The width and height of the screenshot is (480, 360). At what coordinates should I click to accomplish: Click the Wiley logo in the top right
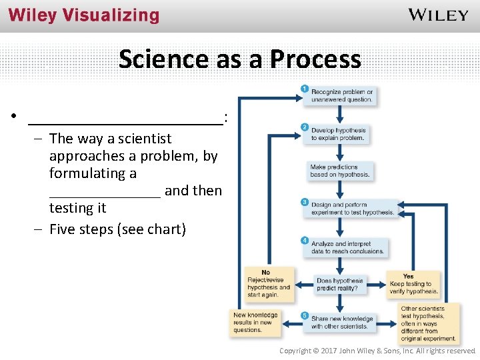(x=437, y=15)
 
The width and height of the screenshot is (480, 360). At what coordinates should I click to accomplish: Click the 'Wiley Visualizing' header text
(x=84, y=16)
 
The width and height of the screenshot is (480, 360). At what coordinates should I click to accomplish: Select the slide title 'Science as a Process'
(x=240, y=59)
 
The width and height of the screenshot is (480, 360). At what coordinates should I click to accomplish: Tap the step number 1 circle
(x=305, y=89)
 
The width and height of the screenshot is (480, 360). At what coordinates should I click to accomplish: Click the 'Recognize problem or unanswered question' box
(x=341, y=96)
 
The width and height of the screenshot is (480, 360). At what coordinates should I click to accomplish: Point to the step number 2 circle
(x=305, y=127)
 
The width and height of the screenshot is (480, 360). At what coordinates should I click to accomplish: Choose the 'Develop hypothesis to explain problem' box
(x=339, y=135)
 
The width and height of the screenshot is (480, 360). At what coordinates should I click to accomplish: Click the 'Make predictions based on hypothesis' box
(x=339, y=171)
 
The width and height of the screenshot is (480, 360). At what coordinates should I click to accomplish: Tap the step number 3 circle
(x=305, y=202)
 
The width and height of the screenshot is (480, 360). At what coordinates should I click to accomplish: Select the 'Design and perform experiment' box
(x=352, y=209)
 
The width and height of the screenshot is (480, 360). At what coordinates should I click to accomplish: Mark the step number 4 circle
(x=305, y=240)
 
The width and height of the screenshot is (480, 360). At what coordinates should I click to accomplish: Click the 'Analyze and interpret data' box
(x=347, y=248)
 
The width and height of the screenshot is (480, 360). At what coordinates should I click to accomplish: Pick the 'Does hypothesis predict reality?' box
(x=339, y=285)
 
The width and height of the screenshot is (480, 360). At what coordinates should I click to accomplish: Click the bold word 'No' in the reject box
(x=265, y=273)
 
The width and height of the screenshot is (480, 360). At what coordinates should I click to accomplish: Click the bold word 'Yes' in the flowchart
(x=408, y=276)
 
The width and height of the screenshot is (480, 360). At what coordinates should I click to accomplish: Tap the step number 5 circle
(x=305, y=315)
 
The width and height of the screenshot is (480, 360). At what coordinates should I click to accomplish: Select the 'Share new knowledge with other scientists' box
(x=341, y=323)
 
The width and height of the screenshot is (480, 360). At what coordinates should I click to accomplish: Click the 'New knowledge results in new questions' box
(x=255, y=323)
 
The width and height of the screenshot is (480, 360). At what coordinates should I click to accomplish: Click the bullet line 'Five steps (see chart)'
(x=117, y=230)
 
